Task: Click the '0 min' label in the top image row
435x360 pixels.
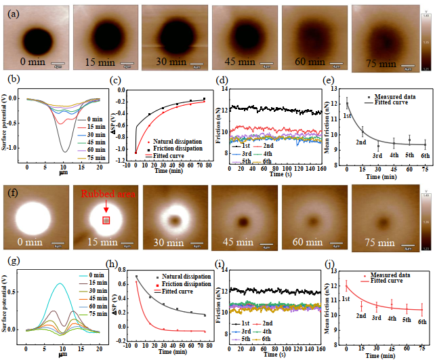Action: pyautogui.click(x=33, y=63)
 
